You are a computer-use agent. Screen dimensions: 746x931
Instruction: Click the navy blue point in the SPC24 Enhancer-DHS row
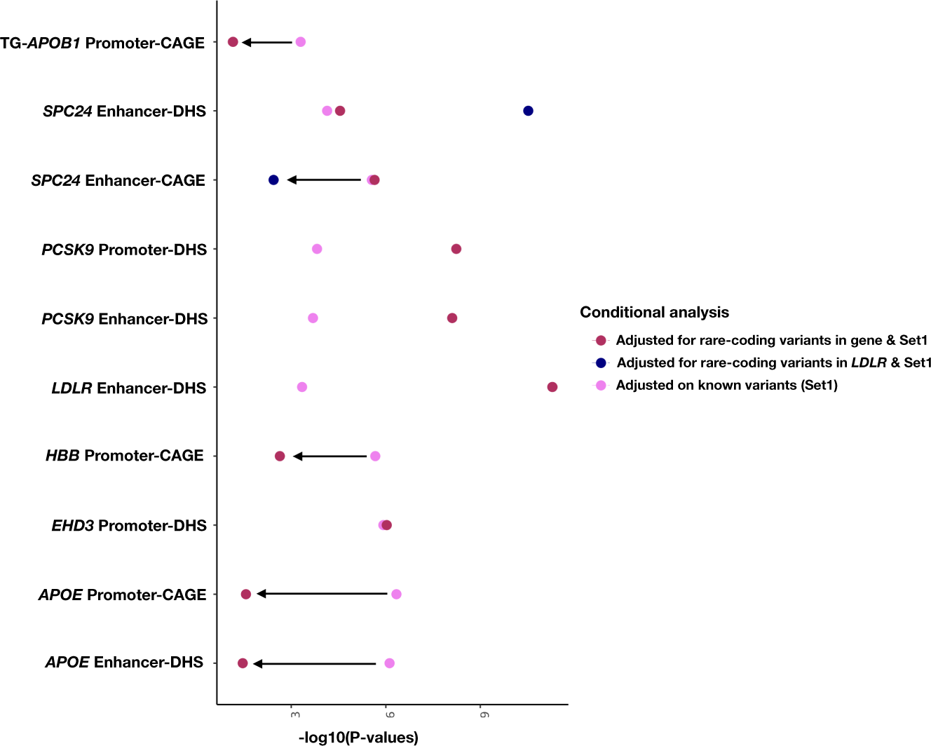tap(528, 111)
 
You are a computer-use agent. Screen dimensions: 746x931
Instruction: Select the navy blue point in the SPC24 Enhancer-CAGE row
tap(273, 180)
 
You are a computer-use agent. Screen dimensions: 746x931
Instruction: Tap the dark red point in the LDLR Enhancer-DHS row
tap(552, 387)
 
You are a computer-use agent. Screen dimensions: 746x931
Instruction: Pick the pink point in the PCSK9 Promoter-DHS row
tap(317, 249)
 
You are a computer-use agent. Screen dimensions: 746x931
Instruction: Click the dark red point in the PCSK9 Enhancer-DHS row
tap(452, 318)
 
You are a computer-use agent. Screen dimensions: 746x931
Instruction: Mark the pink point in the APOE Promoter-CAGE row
tap(396, 595)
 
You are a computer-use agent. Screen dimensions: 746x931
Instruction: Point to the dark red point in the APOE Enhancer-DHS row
tap(243, 663)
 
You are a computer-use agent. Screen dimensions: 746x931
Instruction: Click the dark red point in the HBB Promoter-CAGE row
tap(280, 456)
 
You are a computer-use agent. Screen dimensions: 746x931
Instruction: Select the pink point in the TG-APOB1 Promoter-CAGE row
tap(300, 42)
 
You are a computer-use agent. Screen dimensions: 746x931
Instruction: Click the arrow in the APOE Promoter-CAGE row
tap(322, 594)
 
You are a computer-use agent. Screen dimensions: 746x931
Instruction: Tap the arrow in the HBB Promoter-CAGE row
tap(329, 456)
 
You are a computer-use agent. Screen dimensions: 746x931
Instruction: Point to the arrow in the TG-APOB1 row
tap(267, 43)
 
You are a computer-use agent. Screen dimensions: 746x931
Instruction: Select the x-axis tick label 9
tap(484, 714)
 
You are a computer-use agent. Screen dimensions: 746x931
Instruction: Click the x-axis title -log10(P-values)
tap(358, 737)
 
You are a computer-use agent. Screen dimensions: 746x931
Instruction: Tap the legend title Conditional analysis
tap(654, 313)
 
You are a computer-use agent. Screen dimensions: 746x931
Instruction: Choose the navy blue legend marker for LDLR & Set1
tap(601, 363)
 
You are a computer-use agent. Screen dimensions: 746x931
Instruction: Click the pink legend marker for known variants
tap(601, 385)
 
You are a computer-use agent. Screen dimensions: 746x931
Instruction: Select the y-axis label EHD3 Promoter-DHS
tap(129, 526)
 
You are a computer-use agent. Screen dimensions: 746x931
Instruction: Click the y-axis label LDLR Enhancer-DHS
tap(129, 388)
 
